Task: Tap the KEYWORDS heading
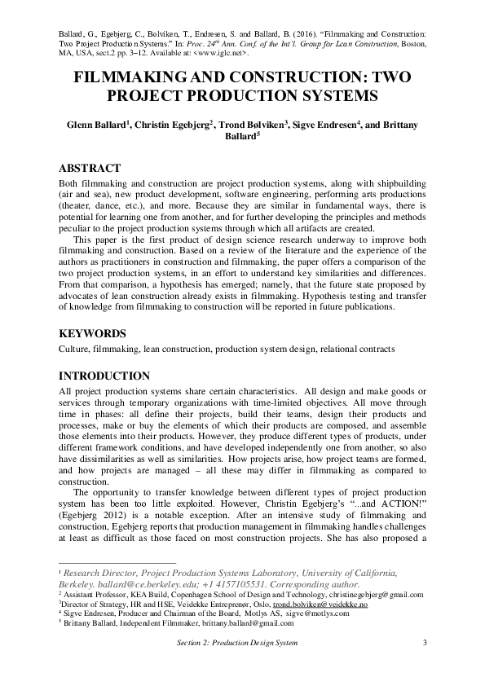pos(93,333)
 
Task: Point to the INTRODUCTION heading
pos(104,376)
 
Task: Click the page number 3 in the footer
pos(425,643)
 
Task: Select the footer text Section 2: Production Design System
pos(236,643)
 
